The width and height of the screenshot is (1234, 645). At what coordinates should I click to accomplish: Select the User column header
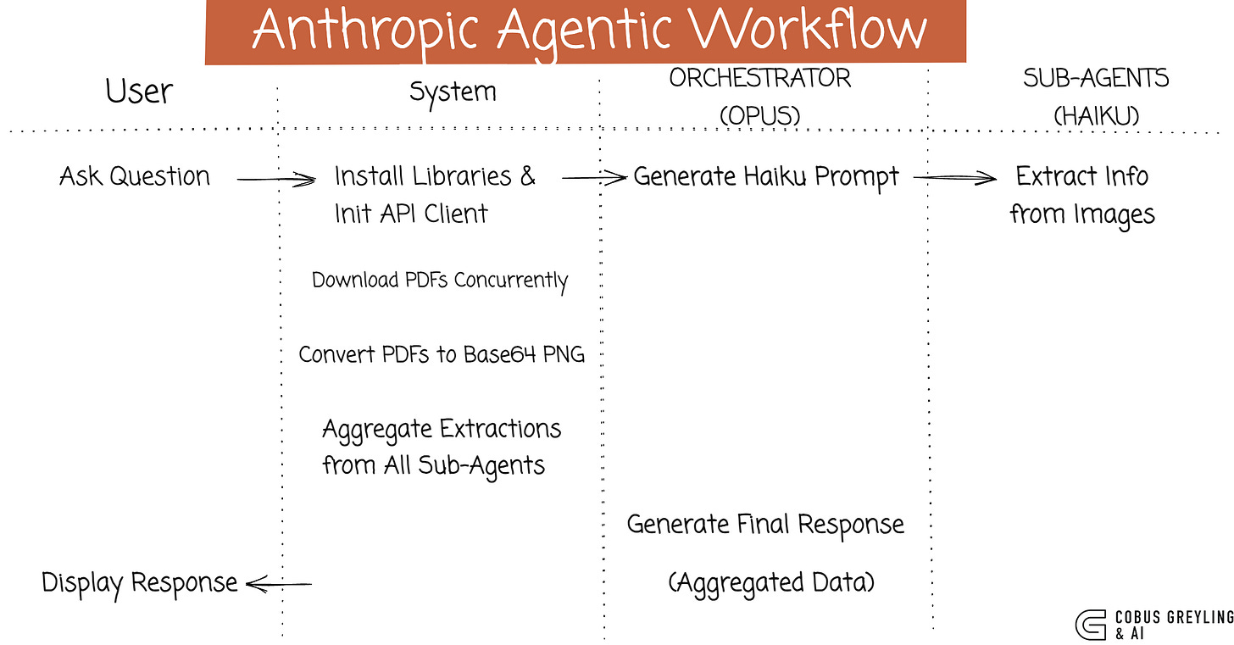[139, 91]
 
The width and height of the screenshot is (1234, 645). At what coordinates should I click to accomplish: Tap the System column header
[452, 92]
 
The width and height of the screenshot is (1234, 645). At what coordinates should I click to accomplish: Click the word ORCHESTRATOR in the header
[759, 78]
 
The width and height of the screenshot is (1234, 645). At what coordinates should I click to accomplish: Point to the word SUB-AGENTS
[1096, 78]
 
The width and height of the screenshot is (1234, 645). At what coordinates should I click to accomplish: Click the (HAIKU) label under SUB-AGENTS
[1095, 115]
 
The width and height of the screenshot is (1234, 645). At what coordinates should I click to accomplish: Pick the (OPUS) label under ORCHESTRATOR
[759, 114]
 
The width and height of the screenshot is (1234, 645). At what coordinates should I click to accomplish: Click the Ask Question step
[135, 177]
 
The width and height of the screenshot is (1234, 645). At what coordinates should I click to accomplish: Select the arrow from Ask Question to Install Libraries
[275, 179]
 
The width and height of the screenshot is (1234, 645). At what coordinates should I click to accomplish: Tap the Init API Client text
[410, 213]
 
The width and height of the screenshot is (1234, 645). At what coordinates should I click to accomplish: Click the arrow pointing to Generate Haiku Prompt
[592, 178]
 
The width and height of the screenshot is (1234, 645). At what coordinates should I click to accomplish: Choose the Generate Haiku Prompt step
[765, 177]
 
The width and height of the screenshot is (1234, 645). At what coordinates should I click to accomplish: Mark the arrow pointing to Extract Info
[953, 178]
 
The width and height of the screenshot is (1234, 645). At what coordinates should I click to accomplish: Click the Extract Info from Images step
[1082, 195]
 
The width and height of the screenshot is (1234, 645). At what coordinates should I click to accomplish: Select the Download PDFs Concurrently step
[440, 281]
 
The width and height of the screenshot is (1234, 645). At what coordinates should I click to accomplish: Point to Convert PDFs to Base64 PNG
[442, 354]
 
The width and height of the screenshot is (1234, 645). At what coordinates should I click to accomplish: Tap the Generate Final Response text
[765, 525]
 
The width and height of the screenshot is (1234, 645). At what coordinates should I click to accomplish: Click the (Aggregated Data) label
[771, 582]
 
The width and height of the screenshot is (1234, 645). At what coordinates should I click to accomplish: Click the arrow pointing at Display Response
[279, 583]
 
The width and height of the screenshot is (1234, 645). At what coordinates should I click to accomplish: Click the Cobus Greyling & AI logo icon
[1091, 624]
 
